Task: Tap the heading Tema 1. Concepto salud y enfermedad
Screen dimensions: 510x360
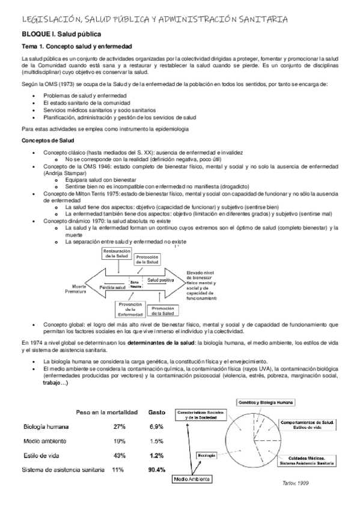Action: pos(77,47)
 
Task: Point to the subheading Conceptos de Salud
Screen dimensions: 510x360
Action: pos(46,141)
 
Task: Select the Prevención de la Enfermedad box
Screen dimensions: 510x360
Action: pos(130,310)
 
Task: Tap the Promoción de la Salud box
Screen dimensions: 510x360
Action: pos(163,311)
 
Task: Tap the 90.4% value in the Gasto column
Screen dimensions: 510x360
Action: pos(156,469)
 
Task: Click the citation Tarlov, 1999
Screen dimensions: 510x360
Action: pos(294,483)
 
